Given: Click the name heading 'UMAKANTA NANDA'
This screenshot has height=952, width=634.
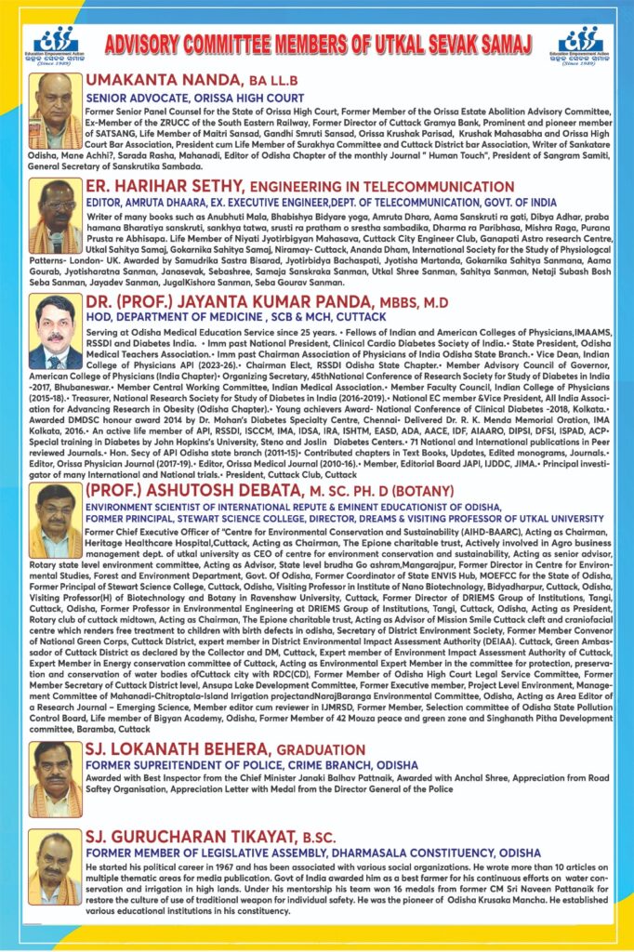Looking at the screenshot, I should click(154, 79).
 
